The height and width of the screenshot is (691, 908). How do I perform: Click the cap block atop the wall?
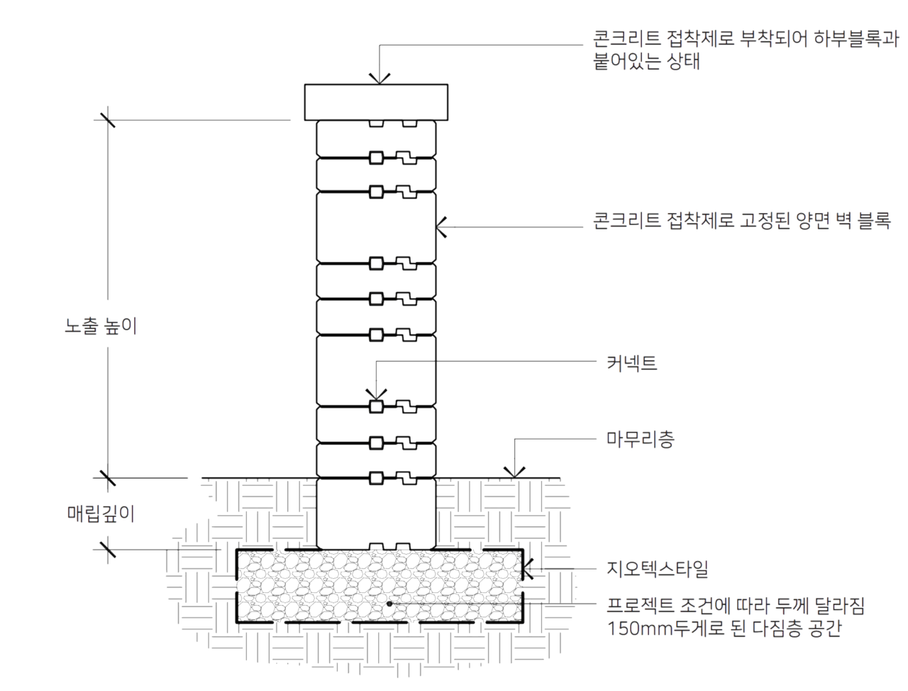coord(375,102)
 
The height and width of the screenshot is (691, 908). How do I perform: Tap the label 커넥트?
coord(631,363)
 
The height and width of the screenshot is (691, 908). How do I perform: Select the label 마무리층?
coord(640,440)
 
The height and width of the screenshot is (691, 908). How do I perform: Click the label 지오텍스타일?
coord(658,569)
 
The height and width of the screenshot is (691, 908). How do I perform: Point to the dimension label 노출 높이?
coord(101,326)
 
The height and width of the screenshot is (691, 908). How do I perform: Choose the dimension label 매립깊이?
coord(101,513)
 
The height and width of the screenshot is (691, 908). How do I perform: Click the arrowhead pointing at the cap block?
coord(380,79)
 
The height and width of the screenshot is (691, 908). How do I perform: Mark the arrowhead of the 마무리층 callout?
coord(514,472)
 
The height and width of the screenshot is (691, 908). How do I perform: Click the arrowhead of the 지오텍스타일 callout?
coord(528,569)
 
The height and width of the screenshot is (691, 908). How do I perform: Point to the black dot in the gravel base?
coord(389,604)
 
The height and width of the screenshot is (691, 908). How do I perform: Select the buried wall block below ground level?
coord(375,513)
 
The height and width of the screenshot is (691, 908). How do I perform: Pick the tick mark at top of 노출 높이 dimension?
coord(108,120)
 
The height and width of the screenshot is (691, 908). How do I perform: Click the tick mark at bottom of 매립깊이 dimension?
coord(108,550)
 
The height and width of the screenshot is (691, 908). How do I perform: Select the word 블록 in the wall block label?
coord(874,220)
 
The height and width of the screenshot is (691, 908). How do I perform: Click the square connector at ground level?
coord(375,478)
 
